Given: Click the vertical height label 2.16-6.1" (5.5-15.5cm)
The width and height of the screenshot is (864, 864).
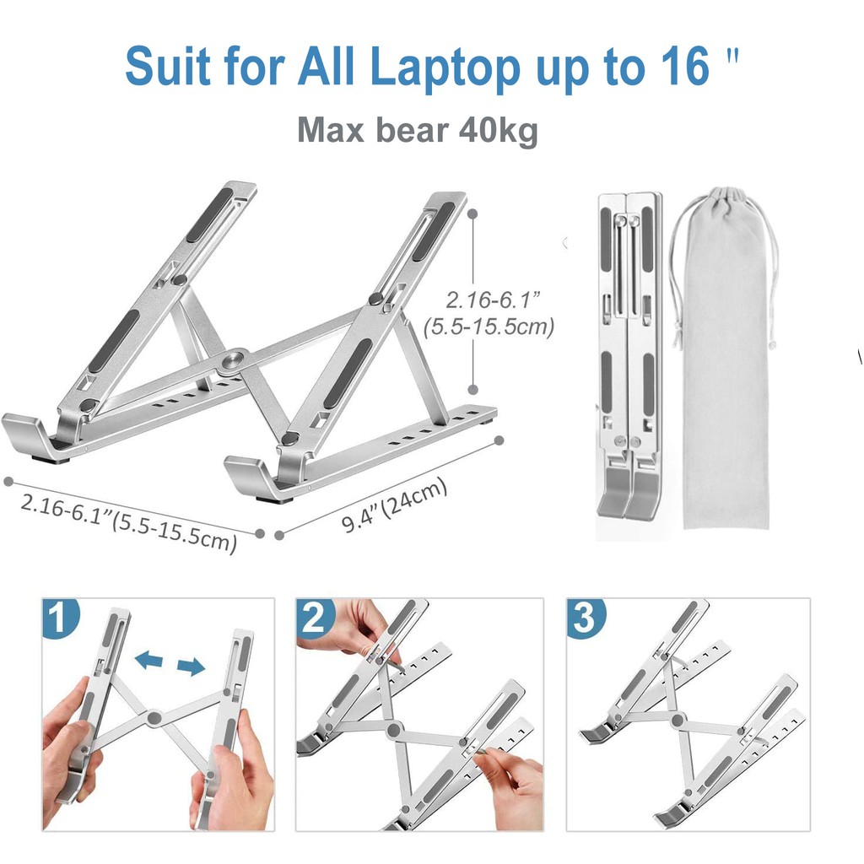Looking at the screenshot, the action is point(489,313).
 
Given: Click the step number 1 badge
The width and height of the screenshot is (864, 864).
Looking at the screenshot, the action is point(61,618).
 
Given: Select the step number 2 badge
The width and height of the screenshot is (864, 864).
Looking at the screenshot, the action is point(315,618).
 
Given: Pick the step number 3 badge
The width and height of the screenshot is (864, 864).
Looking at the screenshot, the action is point(586,618).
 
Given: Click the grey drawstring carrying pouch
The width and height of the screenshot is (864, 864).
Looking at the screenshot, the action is point(725,358).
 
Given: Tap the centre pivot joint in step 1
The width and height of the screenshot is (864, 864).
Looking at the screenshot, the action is point(154,717).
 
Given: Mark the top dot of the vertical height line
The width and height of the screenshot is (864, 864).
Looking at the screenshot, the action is point(472,213).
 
